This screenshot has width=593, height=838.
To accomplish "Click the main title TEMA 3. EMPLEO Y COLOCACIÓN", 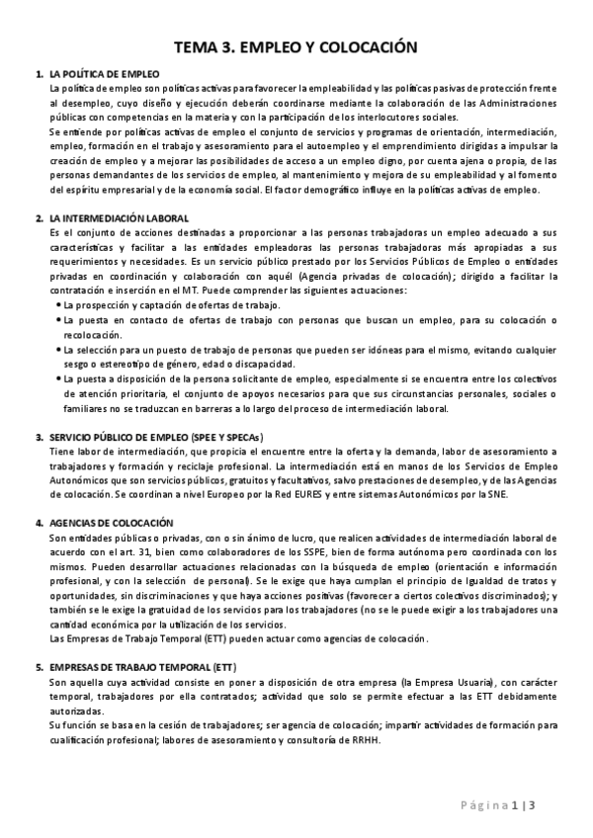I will [296, 46].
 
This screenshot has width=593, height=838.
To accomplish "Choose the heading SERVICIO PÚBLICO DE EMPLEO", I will [138, 436].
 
